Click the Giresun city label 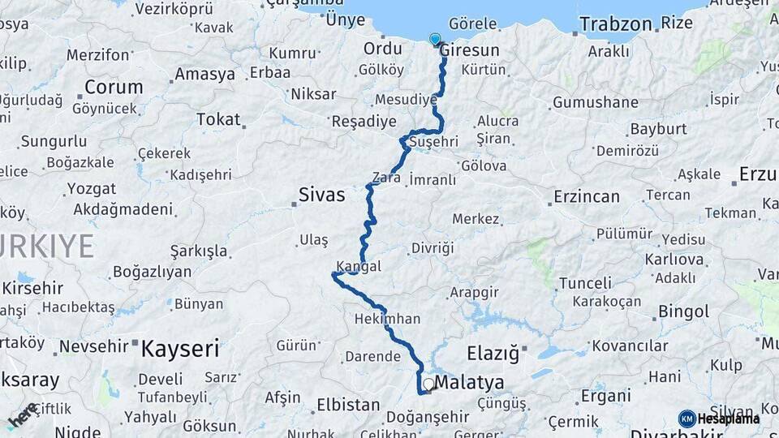click(471, 50)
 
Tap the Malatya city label click(469, 382)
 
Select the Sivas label click(321, 195)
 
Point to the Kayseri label click(179, 349)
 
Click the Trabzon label click(616, 24)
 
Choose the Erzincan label click(586, 196)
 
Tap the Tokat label click(218, 120)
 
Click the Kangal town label click(359, 266)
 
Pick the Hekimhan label click(387, 319)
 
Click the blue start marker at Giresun click(435, 39)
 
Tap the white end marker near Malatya click(428, 384)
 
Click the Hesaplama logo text click(729, 419)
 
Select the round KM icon click(686, 419)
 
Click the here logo click(23, 415)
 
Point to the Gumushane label click(595, 103)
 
